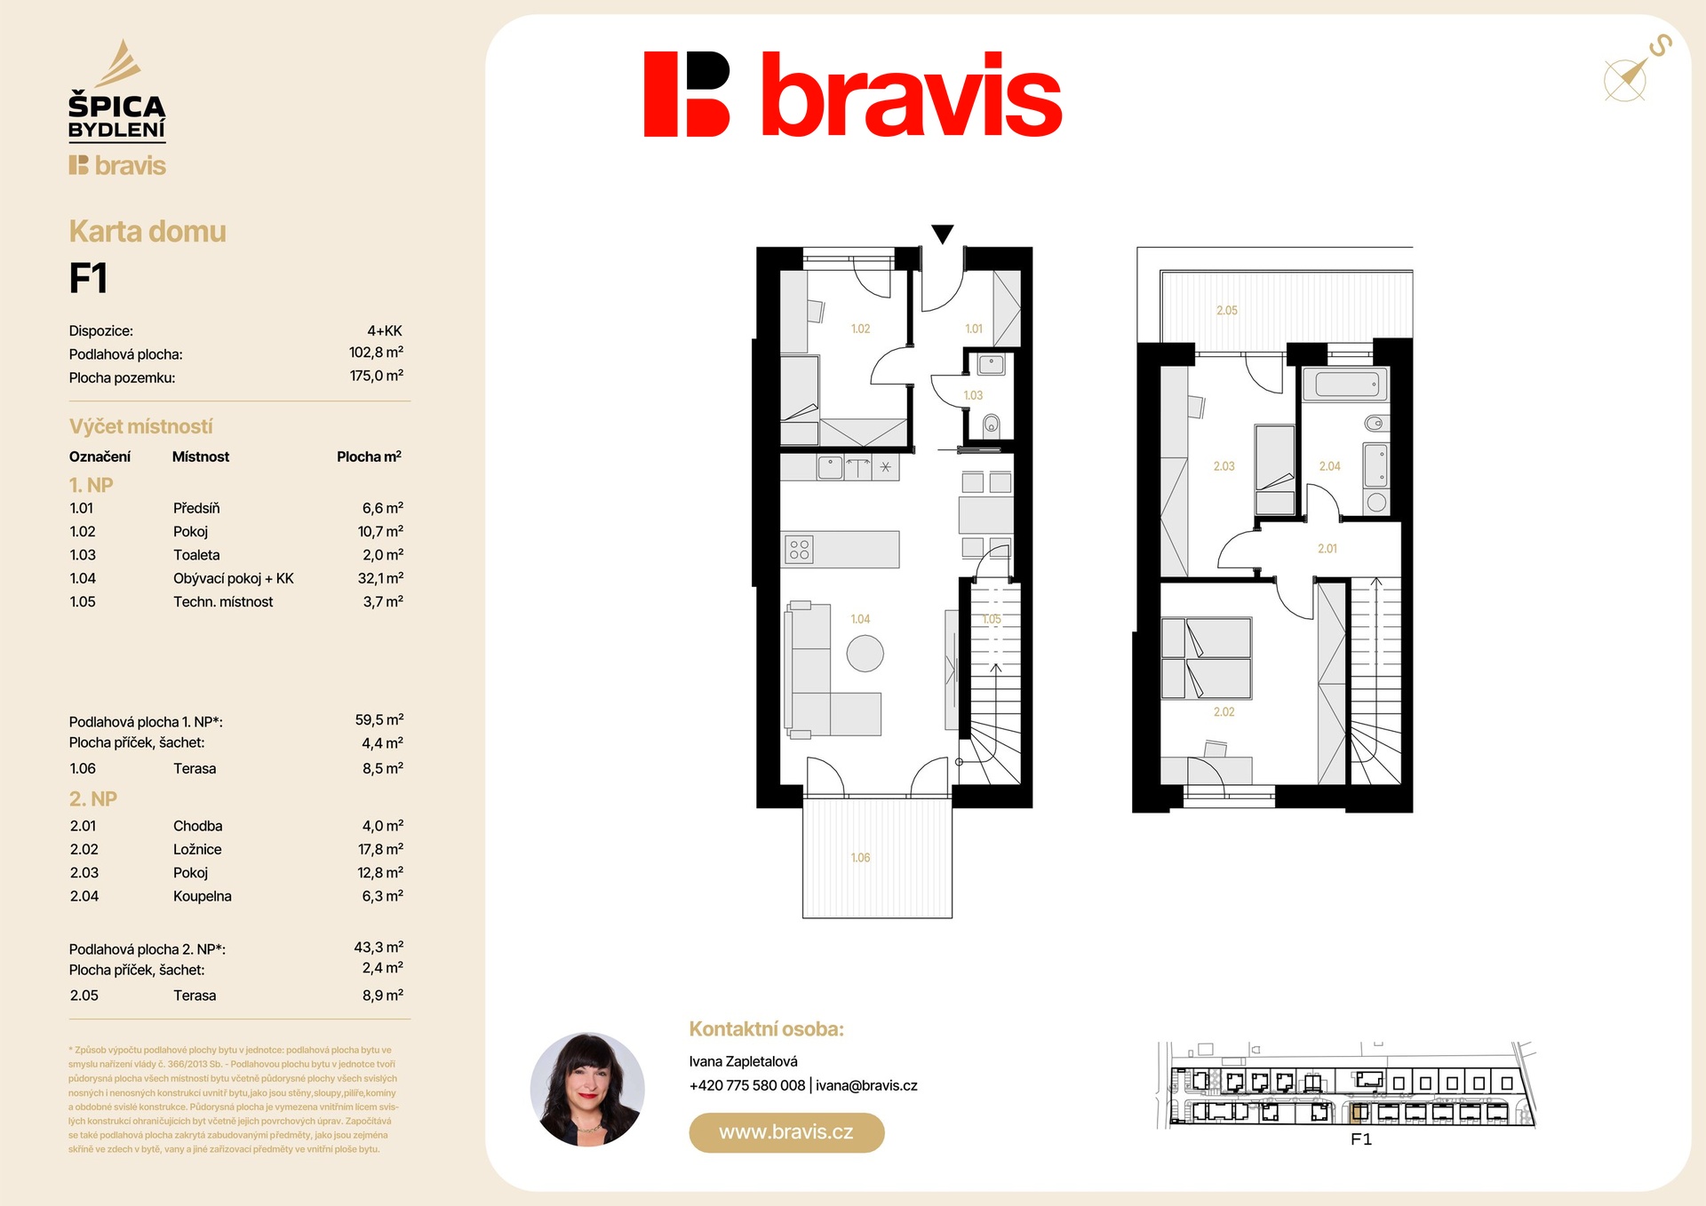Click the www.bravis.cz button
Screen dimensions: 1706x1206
[x=786, y=1132]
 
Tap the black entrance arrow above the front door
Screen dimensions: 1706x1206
[x=943, y=234]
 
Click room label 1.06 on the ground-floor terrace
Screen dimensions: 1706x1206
[x=860, y=858]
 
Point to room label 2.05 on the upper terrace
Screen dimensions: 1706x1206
[x=1226, y=311]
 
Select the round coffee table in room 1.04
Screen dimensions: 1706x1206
[x=865, y=654]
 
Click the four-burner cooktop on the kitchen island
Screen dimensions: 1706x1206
[x=799, y=550]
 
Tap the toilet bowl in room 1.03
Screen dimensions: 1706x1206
[x=991, y=426]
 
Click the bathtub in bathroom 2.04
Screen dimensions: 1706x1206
[x=1346, y=385]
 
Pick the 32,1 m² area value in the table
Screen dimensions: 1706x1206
[x=380, y=578]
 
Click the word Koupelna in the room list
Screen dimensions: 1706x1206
[x=202, y=896]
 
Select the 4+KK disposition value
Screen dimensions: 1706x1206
[x=385, y=330]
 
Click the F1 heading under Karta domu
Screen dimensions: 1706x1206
[x=88, y=278]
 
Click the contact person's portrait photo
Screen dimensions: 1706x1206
[x=587, y=1089]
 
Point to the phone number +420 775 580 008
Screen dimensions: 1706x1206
[x=747, y=1085]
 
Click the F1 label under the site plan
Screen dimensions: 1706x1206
[x=1360, y=1139]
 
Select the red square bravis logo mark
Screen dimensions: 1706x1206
[x=686, y=94]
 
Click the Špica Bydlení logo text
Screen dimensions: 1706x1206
[x=117, y=117]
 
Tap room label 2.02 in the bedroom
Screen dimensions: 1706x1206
[x=1224, y=712]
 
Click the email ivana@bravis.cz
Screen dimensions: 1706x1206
[x=866, y=1085]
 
